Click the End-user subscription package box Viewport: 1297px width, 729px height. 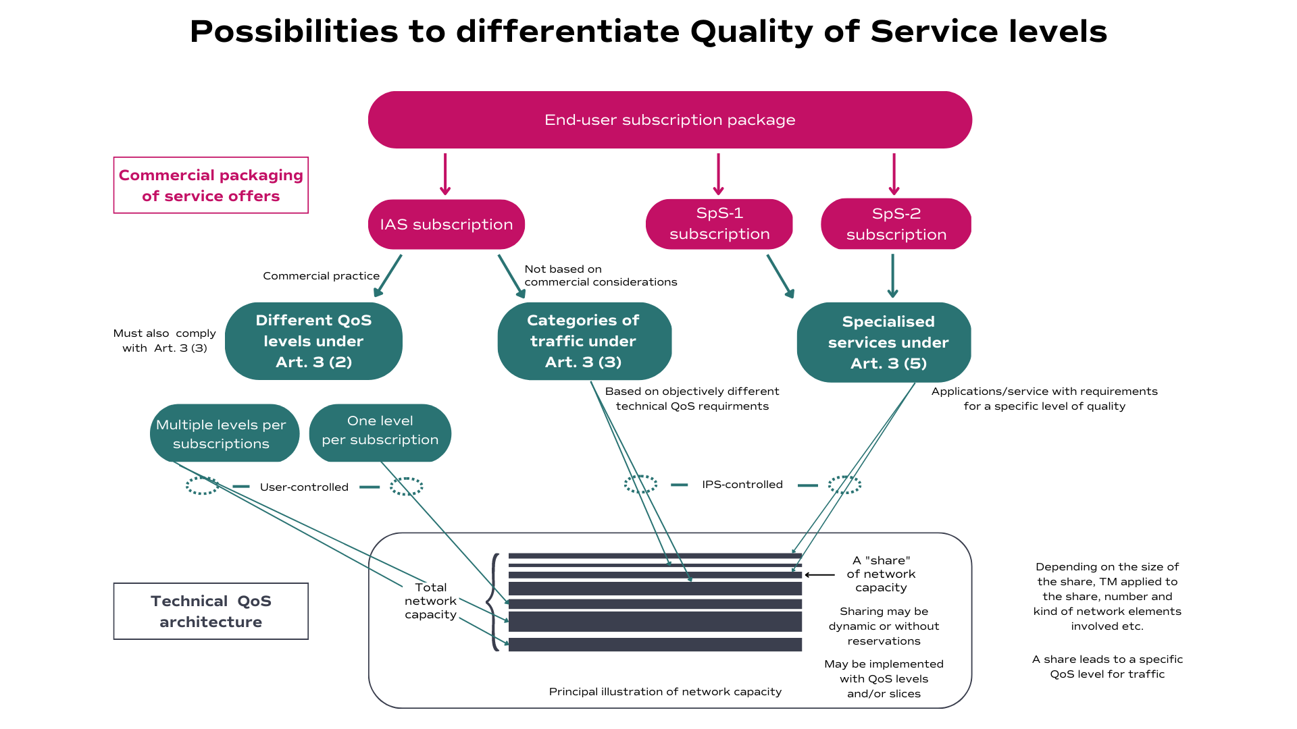pos(669,120)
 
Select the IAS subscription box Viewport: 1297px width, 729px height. pos(446,224)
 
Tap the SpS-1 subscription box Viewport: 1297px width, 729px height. pos(719,223)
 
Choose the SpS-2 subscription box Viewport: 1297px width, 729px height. pos(896,224)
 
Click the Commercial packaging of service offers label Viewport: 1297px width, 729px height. pos(211,186)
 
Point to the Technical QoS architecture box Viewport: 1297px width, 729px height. pos(211,611)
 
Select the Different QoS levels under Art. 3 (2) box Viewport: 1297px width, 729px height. pos(313,341)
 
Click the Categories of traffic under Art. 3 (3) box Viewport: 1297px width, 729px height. pos(584,341)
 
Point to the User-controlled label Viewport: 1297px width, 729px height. pos(304,487)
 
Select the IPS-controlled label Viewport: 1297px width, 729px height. pos(742,485)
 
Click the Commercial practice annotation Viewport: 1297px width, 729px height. pos(321,276)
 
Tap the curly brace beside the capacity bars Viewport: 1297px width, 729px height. pos(494,601)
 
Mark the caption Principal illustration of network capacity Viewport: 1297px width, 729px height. pos(665,692)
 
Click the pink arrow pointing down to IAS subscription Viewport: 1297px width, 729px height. pos(445,174)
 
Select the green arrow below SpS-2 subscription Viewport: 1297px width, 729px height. pos(892,276)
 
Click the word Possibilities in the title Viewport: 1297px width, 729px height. pos(294,32)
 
